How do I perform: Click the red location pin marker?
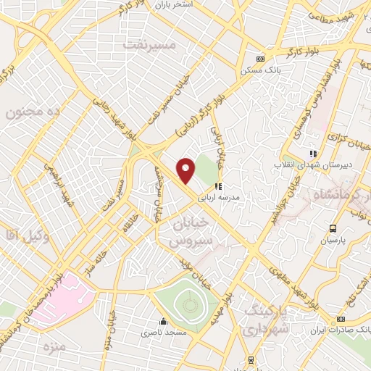tap(186, 171)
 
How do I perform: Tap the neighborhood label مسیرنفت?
tap(150, 45)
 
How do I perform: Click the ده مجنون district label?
tap(31, 112)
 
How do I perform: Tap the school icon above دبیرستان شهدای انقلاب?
tap(313, 154)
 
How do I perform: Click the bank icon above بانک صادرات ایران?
tap(340, 319)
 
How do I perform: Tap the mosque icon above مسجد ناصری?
tap(163, 321)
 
